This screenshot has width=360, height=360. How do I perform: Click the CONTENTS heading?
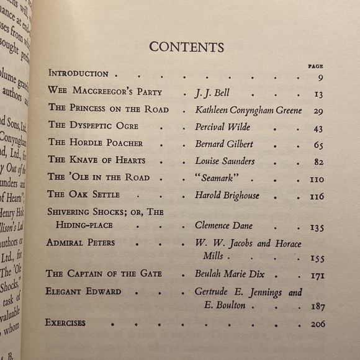click(187, 47)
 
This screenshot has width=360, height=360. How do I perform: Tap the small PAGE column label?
click(316, 66)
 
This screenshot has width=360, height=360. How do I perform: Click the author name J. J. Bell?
click(212, 93)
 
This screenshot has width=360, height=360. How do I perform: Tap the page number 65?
click(318, 145)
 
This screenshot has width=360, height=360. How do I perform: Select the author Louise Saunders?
click(225, 161)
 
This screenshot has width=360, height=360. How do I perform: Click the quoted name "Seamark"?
click(218, 178)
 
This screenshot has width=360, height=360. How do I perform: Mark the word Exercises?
click(65, 323)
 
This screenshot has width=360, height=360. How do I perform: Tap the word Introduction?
click(78, 73)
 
